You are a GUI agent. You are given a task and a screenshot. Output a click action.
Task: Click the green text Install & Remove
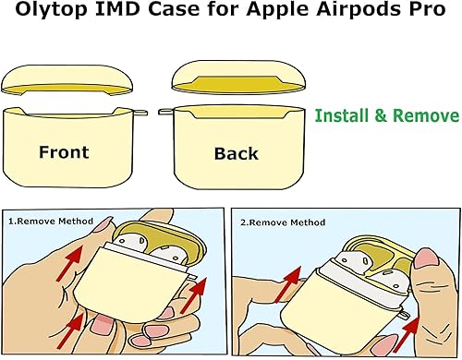[x=386, y=116]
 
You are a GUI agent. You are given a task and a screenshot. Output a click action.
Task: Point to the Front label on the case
[x=64, y=151]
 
